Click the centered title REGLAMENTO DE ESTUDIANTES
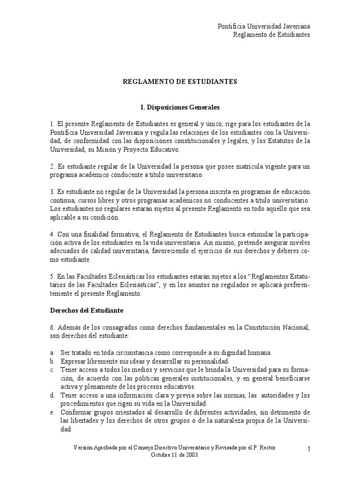(x=180, y=82)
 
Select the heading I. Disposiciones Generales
(x=180, y=107)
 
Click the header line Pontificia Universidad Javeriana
(x=264, y=27)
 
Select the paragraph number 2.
(x=52, y=167)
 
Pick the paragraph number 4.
(x=52, y=234)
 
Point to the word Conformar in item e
(x=76, y=412)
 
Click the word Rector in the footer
(x=267, y=448)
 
